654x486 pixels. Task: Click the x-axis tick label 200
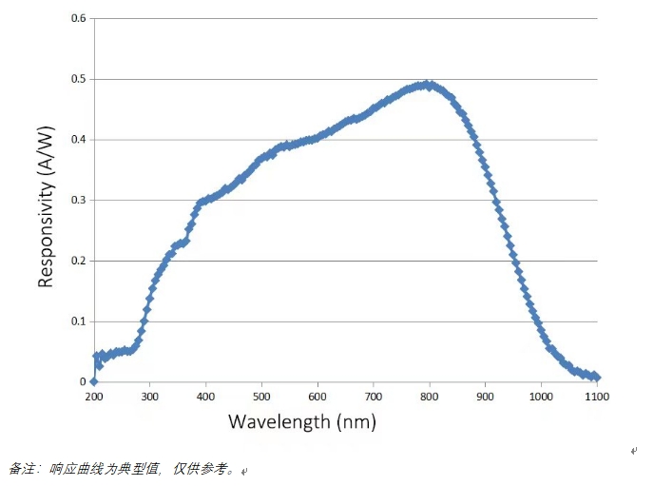click(x=93, y=396)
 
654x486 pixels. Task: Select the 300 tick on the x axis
click(x=149, y=396)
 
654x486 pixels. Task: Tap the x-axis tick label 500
click(x=261, y=396)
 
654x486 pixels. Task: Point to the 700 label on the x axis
click(x=374, y=396)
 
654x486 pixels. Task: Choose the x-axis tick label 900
click(x=486, y=396)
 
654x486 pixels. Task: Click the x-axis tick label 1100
click(x=597, y=396)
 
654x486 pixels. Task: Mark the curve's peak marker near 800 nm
click(x=429, y=84)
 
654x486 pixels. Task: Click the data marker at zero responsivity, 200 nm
click(x=93, y=381)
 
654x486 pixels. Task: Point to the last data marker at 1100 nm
click(x=597, y=378)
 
